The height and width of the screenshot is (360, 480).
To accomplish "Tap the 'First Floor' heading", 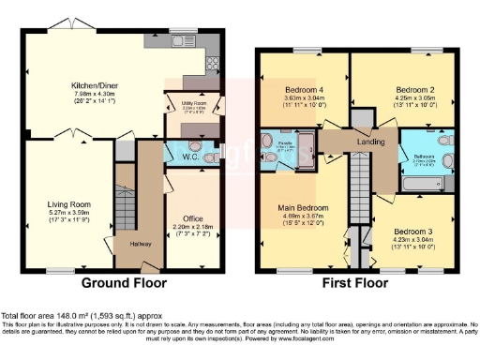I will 357,281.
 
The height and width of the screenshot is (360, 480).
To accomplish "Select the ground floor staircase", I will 124,202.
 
